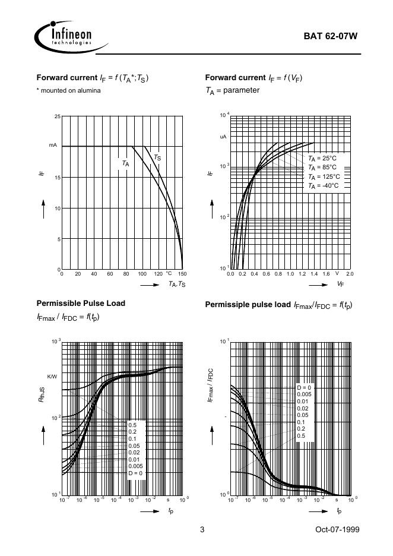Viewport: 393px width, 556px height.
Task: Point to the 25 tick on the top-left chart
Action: pyautogui.click(x=57, y=116)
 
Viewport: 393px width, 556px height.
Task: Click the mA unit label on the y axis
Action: pyautogui.click(x=53, y=146)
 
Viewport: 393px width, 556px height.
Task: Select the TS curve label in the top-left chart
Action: pyautogui.click(x=157, y=157)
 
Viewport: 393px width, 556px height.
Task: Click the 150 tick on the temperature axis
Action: pyautogui.click(x=182, y=274)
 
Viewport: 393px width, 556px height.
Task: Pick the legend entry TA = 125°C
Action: pyautogui.click(x=324, y=176)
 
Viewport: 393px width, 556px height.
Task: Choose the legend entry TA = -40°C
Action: pyautogui.click(x=323, y=186)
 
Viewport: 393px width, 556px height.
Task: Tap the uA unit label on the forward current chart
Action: pyautogui.click(x=223, y=137)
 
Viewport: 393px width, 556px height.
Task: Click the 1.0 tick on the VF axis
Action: pyautogui.click(x=290, y=274)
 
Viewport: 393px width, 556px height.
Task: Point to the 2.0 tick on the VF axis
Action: pyautogui.click(x=349, y=274)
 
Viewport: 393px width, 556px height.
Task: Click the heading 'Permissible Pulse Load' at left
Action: pyautogui.click(x=81, y=303)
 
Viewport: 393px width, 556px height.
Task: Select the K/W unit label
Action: pyautogui.click(x=52, y=377)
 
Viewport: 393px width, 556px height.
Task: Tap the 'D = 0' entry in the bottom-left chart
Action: pyautogui.click(x=136, y=473)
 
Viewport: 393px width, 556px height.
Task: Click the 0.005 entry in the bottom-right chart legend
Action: pyautogui.click(x=304, y=394)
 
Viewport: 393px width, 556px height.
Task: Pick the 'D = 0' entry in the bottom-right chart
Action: pyautogui.click(x=304, y=387)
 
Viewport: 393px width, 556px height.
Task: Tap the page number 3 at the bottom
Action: pyautogui.click(x=202, y=529)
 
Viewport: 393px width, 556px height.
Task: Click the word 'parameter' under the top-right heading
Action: pyautogui.click(x=241, y=90)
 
